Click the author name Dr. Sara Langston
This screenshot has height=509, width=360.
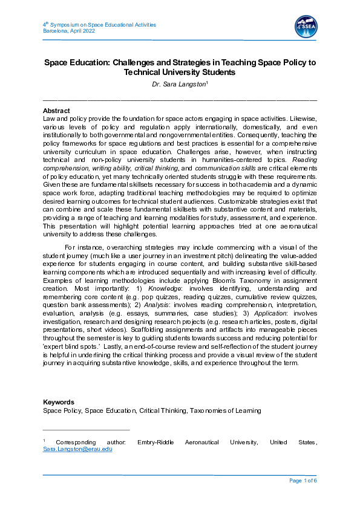[179, 85]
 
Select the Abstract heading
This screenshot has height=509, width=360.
[56, 111]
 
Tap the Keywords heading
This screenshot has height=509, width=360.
[59, 402]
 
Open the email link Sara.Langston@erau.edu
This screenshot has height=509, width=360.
[77, 449]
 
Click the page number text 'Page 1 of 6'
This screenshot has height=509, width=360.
[303, 481]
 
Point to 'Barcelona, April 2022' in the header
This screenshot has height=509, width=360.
[69, 31]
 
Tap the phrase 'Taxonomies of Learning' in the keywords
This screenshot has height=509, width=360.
[225, 410]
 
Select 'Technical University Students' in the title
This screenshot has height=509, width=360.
[179, 72]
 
